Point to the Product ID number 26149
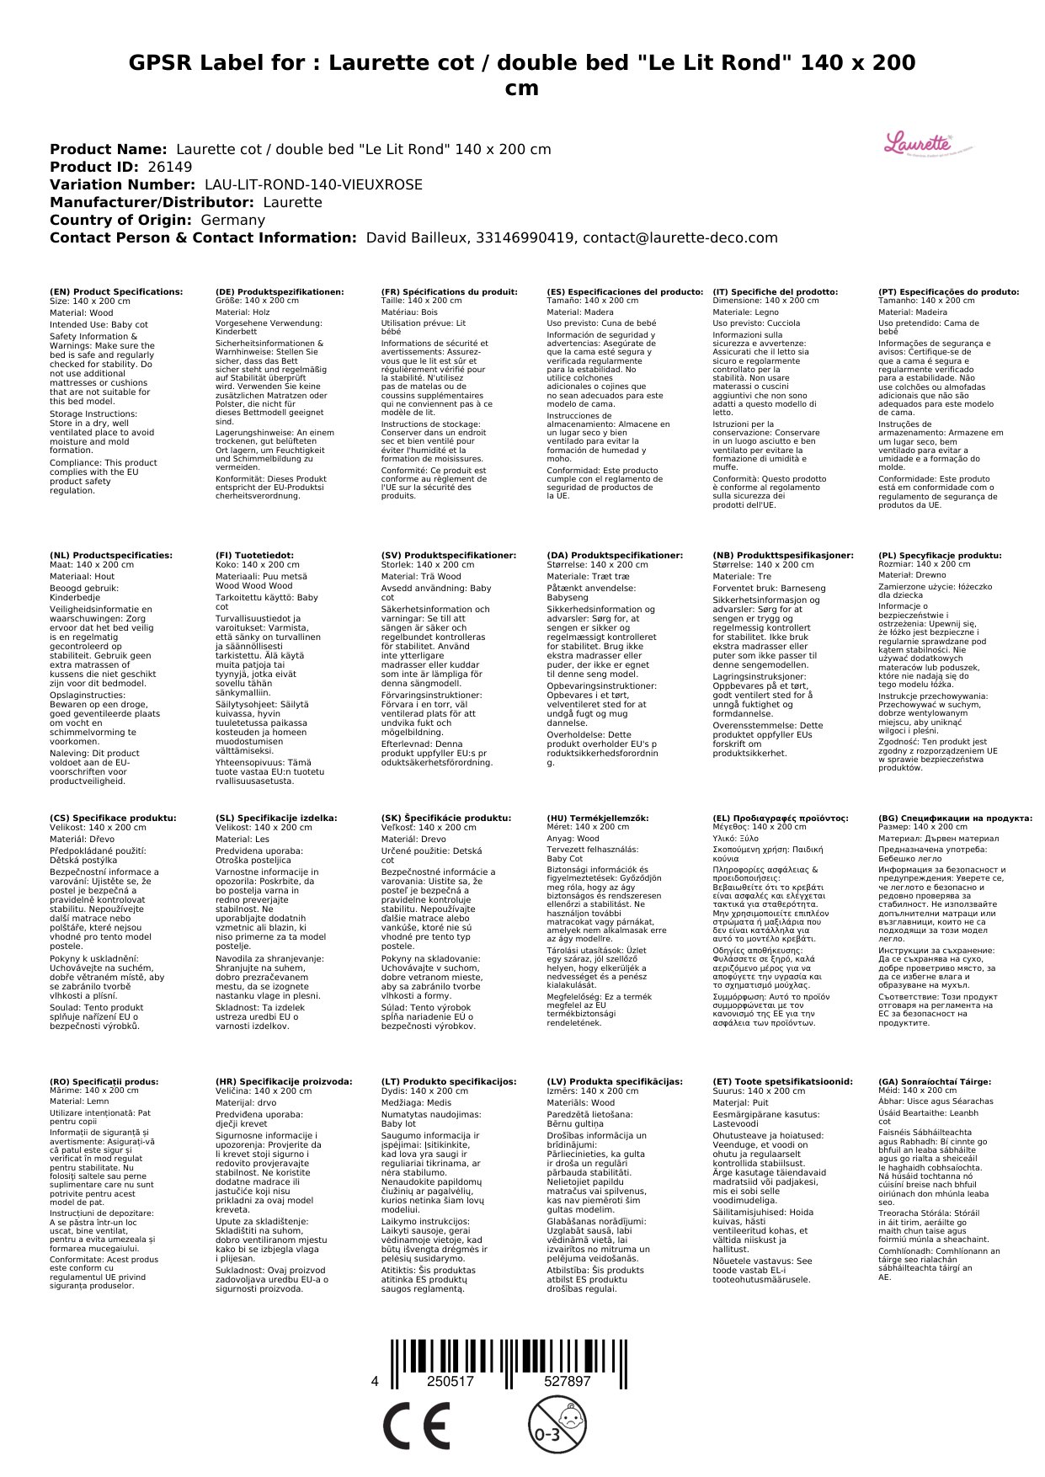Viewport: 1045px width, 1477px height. [x=169, y=167]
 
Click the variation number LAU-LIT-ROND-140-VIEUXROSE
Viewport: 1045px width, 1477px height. [x=313, y=184]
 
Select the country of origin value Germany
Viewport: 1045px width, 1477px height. [x=232, y=220]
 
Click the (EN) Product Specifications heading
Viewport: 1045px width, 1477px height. [x=116, y=292]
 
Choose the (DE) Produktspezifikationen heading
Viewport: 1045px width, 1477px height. [x=280, y=292]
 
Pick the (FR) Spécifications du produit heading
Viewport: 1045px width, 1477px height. [x=449, y=292]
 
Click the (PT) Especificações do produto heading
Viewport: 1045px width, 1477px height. [x=948, y=292]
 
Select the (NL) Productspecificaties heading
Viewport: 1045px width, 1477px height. [x=111, y=556]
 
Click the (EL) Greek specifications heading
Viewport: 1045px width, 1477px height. [x=781, y=818]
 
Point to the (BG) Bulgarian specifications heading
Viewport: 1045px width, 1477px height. [x=955, y=818]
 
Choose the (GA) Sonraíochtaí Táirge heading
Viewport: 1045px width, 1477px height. [x=935, y=1081]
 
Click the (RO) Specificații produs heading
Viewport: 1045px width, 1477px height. [x=104, y=1081]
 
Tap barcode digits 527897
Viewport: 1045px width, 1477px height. [x=568, y=1382]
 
